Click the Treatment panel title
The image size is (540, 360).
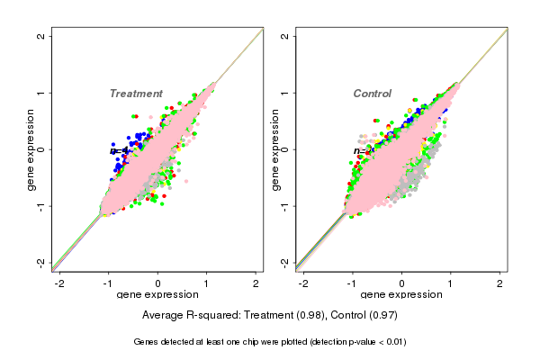click(136, 94)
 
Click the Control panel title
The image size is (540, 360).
click(372, 94)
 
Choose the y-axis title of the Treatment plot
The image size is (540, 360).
click(31, 149)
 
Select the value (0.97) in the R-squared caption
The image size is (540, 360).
click(382, 316)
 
